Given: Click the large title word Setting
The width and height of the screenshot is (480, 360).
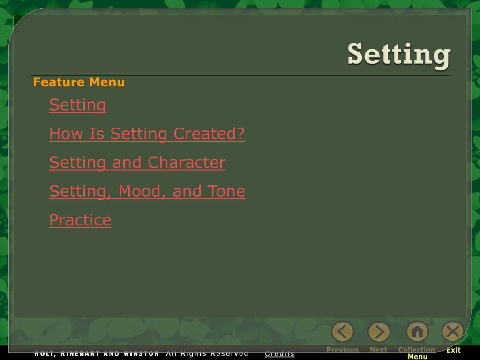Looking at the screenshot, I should pos(399,54).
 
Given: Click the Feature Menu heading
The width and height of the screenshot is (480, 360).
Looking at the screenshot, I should pos(79,82).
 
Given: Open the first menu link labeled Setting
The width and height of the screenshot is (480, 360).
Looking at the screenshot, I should pos(77,105).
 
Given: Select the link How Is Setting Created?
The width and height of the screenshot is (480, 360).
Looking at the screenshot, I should pos(147,134).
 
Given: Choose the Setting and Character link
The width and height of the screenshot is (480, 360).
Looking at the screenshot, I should pos(137,163).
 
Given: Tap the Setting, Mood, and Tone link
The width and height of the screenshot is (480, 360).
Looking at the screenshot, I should pos(147,191).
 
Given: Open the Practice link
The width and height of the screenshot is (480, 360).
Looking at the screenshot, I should pos(80,220).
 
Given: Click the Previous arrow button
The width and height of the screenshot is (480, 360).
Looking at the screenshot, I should pos(343,332).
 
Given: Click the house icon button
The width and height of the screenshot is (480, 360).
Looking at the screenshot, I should pos(417,332).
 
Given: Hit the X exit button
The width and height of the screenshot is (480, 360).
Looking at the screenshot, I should pos(453,332).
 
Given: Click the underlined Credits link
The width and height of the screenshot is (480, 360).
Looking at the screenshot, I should pos(280,353).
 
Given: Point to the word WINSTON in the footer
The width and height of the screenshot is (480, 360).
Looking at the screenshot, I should pos(142,353).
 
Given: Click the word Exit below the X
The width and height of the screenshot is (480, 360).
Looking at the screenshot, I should pos(453,350).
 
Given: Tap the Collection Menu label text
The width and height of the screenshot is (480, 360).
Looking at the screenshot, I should pos(417,353).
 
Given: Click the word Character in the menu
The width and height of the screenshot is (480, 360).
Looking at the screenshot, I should pos(187,163).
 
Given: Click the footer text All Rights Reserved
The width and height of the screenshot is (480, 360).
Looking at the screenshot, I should pos(207,353).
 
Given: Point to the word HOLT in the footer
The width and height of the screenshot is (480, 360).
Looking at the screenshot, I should pos(44,353).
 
